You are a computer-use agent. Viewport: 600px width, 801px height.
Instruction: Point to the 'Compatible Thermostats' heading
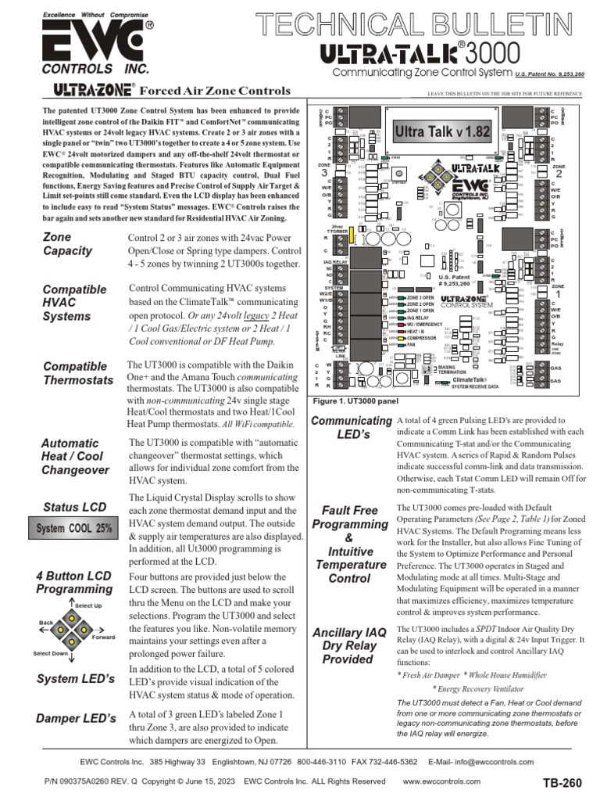tap(78, 373)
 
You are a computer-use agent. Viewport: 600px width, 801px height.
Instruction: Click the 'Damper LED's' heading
tap(76, 717)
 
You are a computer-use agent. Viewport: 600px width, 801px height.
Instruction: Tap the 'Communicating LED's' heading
tap(352, 428)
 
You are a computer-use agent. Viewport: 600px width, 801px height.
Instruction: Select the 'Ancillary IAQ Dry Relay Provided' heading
tap(348, 645)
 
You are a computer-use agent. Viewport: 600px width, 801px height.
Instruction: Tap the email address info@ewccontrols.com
tap(494, 761)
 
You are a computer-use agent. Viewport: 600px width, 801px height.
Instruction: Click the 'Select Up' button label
tap(87, 605)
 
